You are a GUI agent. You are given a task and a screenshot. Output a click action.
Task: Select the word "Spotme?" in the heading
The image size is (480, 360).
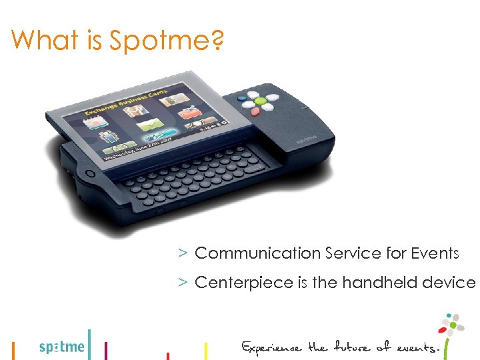[x=167, y=41]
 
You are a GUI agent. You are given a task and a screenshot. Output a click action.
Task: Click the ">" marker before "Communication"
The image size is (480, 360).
[x=181, y=253]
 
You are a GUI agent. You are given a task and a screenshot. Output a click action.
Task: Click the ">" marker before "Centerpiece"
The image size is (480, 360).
[x=181, y=283]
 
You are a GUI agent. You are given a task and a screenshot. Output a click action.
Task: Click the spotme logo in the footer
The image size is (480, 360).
[x=62, y=346]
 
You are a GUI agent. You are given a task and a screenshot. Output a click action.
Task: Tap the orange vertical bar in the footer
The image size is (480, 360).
[x=13, y=350]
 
